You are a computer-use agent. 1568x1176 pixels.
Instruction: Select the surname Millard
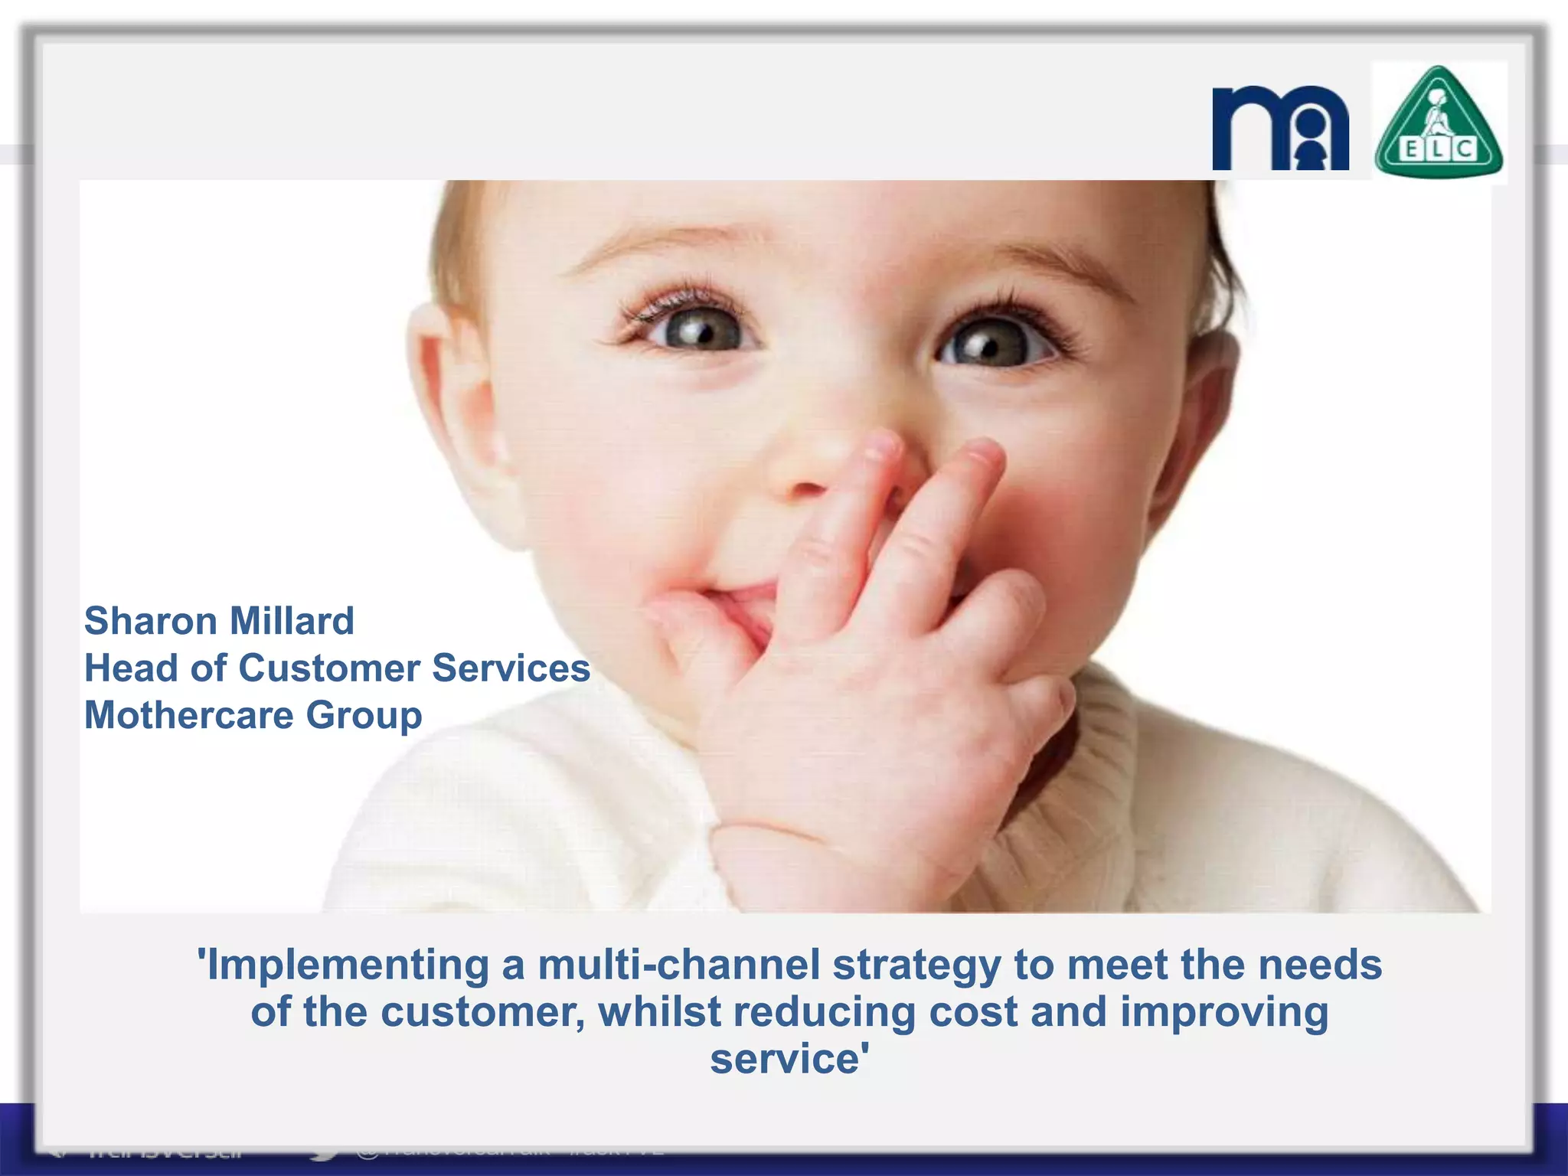point(292,621)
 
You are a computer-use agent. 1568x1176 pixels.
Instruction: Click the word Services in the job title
point(511,668)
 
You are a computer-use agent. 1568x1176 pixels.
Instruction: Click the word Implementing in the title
point(348,965)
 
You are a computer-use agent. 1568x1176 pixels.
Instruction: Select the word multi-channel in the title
point(679,965)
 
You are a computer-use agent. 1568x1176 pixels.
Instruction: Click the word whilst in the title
point(659,1011)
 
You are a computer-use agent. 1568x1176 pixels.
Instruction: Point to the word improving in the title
point(1224,1013)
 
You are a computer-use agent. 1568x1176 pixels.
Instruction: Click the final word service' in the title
point(789,1060)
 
